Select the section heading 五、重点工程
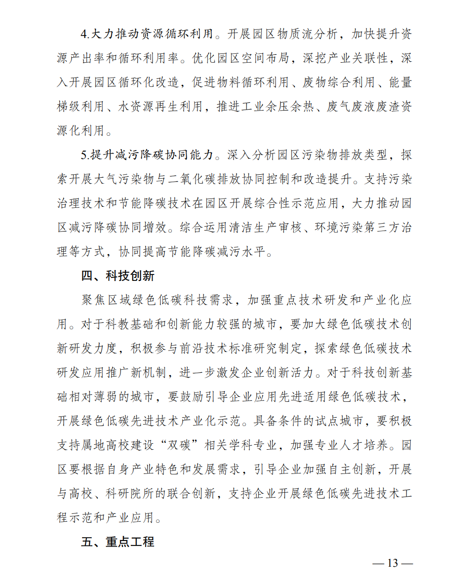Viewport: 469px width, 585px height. tap(118, 542)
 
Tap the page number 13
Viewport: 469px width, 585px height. tap(392, 563)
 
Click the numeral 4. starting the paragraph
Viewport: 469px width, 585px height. tap(85, 35)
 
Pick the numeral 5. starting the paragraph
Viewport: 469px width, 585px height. tap(85, 155)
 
